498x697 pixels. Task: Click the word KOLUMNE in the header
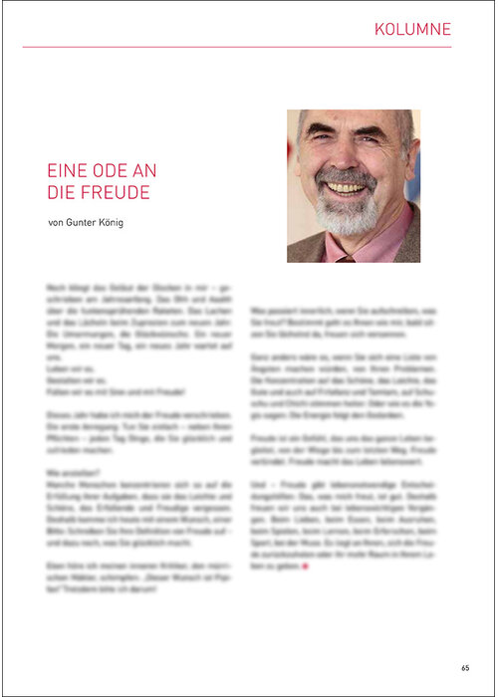pyautogui.click(x=412, y=29)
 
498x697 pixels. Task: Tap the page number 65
pyautogui.click(x=465, y=667)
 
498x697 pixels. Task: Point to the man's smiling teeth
pyautogui.click(x=347, y=188)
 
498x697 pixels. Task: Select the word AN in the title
pyautogui.click(x=143, y=171)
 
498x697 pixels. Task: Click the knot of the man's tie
pyautogui.click(x=345, y=258)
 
